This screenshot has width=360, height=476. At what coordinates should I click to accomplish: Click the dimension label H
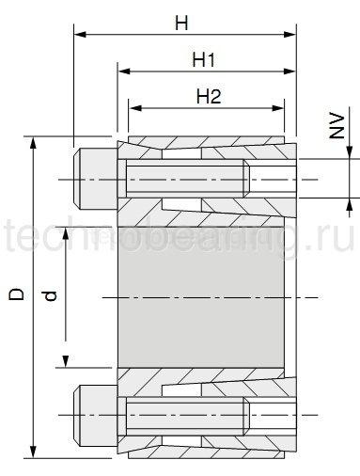tap(180, 22)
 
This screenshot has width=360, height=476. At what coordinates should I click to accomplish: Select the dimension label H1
tap(205, 59)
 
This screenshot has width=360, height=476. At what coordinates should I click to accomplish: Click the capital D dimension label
tap(16, 294)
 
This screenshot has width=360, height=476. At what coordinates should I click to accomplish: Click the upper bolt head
tap(94, 179)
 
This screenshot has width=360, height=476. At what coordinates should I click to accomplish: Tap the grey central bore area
tap(203, 295)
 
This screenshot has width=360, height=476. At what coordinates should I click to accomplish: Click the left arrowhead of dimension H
tap(79, 36)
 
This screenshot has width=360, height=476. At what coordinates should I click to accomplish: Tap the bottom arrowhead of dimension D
tap(35, 450)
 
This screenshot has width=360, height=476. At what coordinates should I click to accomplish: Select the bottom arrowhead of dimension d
tap(66, 362)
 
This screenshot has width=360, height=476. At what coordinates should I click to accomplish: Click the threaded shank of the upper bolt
tap(188, 179)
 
